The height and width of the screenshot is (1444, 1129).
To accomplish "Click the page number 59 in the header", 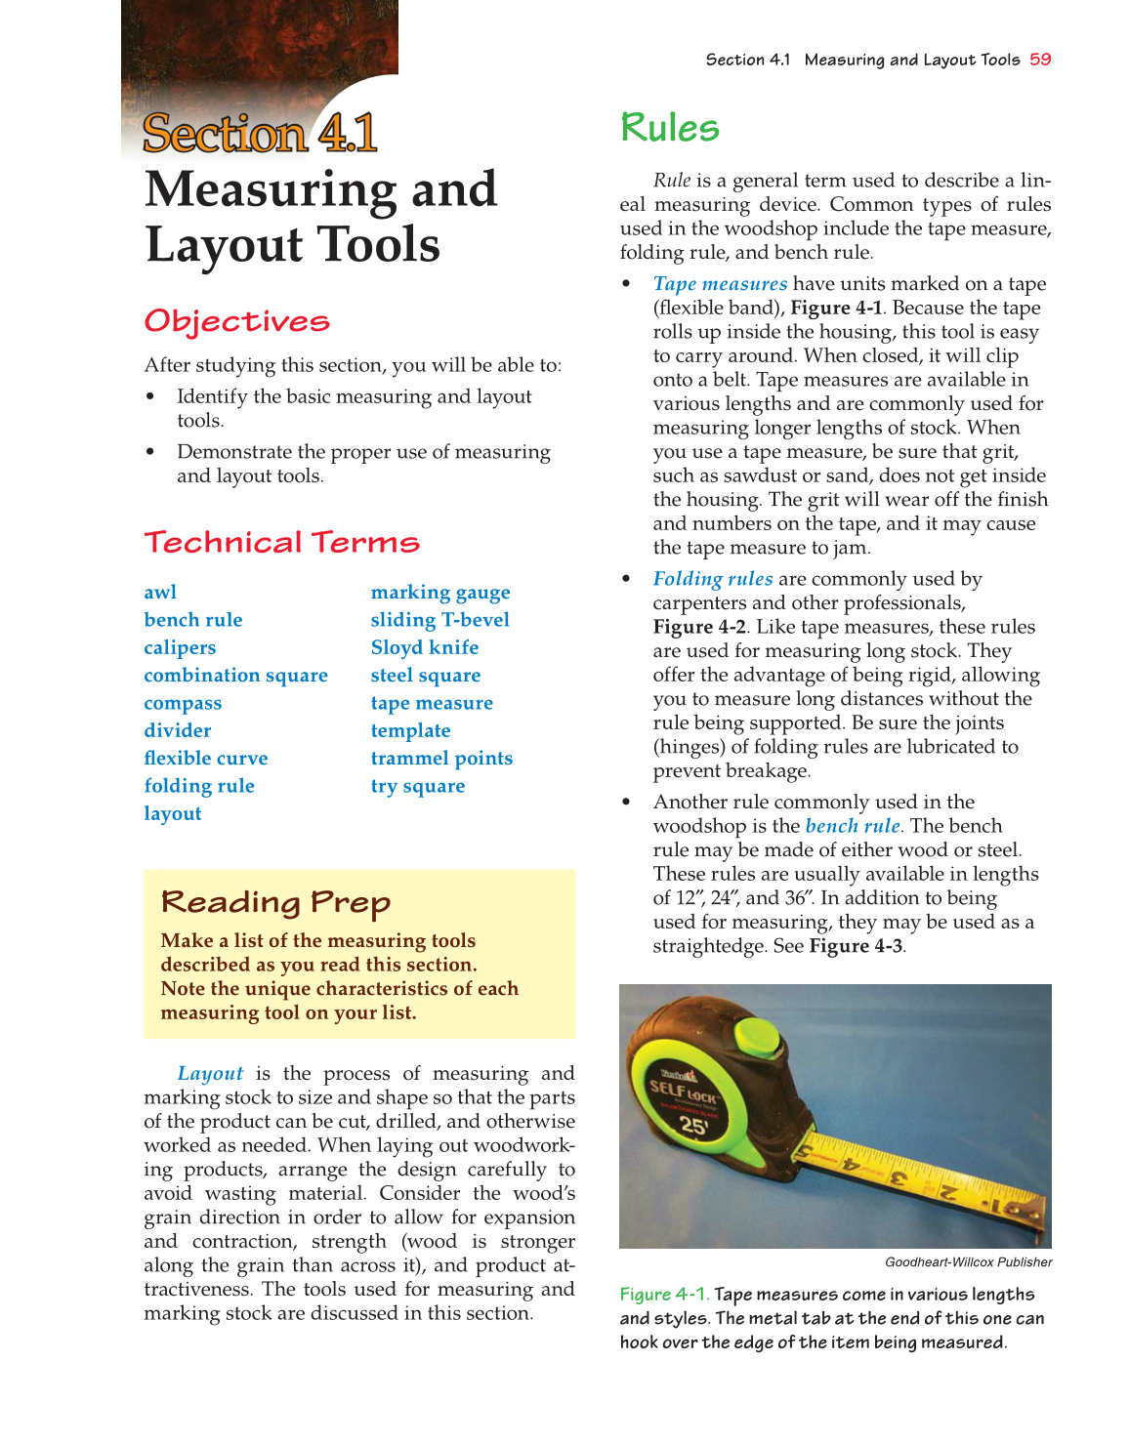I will click(x=1040, y=60).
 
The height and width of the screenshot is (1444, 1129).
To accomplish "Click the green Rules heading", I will click(x=670, y=128).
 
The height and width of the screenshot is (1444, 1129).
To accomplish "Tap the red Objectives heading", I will click(x=237, y=321).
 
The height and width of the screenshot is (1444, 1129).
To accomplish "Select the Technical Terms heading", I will click(x=282, y=543).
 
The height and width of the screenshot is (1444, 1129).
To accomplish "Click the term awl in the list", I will click(x=160, y=593).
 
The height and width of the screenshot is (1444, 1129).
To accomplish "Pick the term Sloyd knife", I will click(x=425, y=648).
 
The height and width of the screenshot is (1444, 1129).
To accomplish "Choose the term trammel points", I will click(x=441, y=759).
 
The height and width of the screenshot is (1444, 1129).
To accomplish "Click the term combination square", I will click(x=235, y=676).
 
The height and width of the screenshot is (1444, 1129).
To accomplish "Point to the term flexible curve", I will click(x=205, y=759).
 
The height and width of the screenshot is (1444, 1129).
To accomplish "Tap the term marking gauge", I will click(x=440, y=593).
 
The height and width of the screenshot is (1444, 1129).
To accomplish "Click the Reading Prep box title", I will click(x=275, y=902).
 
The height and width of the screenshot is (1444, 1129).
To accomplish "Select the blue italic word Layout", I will click(x=210, y=1074).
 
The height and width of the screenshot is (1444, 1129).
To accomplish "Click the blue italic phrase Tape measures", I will click(x=720, y=284).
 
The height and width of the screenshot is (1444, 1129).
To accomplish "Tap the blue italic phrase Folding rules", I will click(x=713, y=579).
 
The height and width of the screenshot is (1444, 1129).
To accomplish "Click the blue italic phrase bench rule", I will click(x=853, y=826).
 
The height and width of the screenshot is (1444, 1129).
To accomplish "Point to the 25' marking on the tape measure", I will click(x=693, y=1125).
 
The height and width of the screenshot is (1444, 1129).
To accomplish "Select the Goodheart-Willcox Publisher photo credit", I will click(x=968, y=1262).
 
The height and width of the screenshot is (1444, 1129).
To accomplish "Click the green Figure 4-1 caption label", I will click(x=664, y=1295).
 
